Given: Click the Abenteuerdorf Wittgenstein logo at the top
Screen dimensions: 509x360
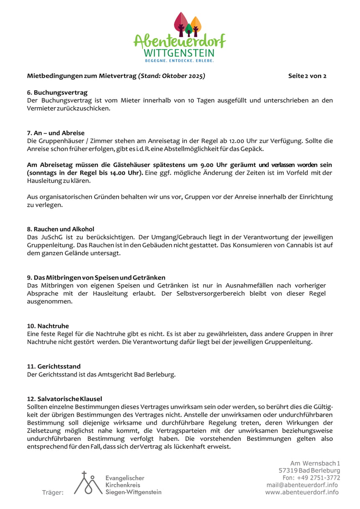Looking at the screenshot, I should click(180, 38).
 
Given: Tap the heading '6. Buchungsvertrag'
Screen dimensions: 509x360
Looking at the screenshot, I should click(57, 92).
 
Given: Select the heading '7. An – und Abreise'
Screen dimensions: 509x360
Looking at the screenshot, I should click(56, 133).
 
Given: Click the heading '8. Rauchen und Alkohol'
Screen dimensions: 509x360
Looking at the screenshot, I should click(61, 229).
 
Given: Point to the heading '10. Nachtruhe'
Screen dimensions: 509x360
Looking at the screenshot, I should click(48, 326).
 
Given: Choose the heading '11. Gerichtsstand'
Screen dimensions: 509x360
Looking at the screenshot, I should click(54, 366).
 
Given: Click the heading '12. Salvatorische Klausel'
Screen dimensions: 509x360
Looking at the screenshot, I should click(64, 399).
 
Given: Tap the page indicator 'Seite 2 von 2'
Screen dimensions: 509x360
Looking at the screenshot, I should click(307, 76).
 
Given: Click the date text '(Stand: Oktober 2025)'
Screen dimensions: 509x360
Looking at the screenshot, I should click(171, 76).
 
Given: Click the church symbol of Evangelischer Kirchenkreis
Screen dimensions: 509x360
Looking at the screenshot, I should click(88, 483).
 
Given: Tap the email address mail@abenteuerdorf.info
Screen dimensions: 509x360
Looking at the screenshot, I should click(302, 485).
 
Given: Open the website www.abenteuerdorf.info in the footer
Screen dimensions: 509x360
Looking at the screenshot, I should click(302, 492).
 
